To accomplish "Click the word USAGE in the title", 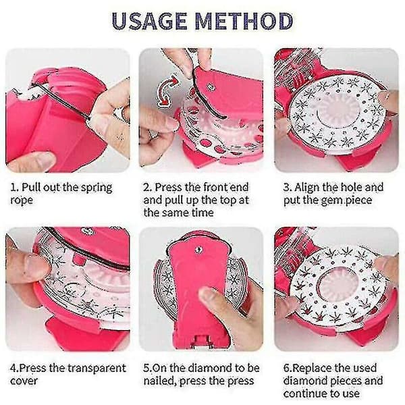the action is pyautogui.click(x=150, y=20).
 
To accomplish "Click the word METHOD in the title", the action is pyautogui.click(x=244, y=20).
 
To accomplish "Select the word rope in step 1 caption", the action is pyautogui.click(x=22, y=200).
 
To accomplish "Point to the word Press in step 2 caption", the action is pyautogui.click(x=168, y=187).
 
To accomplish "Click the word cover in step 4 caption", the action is pyautogui.click(x=24, y=381).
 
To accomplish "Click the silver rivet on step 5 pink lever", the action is pyautogui.click(x=198, y=250).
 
